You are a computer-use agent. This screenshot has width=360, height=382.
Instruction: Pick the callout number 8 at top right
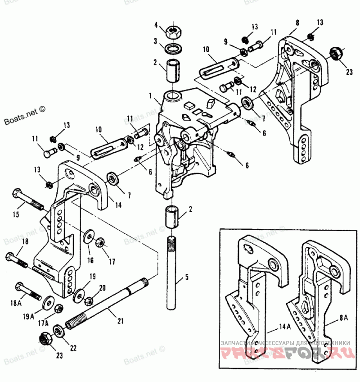297,22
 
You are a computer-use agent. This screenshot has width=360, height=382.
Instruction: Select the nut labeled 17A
58,309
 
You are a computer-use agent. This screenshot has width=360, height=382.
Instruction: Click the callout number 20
102,288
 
